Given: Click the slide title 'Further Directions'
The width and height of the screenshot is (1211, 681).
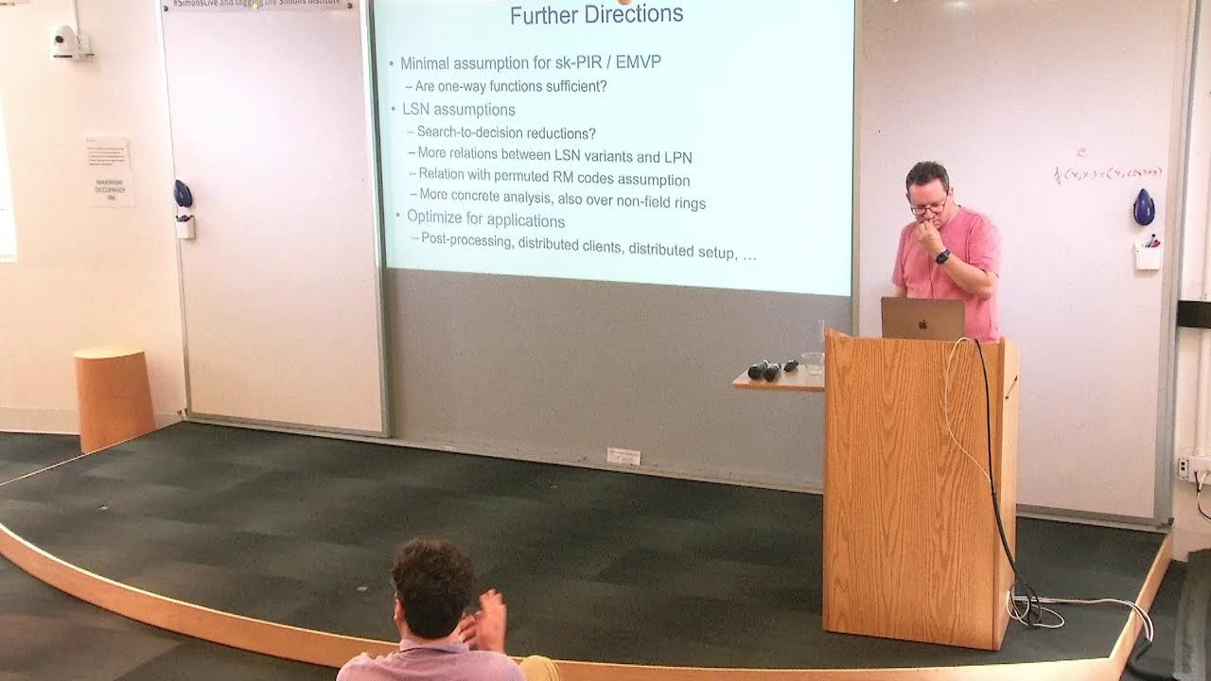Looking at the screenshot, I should point(596,15).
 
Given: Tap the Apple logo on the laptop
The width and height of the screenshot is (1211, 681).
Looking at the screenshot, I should point(922,321).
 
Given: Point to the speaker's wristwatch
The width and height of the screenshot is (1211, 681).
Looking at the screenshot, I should point(942,256).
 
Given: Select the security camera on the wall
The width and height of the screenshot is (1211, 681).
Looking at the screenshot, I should point(66,41).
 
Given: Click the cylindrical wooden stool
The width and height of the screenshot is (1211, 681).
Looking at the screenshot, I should point(114,397).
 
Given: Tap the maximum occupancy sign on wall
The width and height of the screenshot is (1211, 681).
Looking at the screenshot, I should point(109,171).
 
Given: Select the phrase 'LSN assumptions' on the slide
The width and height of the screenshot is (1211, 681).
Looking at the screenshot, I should point(458,110).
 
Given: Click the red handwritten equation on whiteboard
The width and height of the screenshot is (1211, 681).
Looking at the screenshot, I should point(1107,173).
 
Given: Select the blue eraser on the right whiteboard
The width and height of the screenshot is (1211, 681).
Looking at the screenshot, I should point(1144,207).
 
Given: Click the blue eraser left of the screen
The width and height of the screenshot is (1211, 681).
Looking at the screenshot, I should point(183,194).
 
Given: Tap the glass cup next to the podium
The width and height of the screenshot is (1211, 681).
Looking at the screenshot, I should point(812,362).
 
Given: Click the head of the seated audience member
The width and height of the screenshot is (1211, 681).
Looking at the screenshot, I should point(433,586).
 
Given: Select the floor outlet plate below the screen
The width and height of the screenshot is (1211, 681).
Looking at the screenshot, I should point(623,456).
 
